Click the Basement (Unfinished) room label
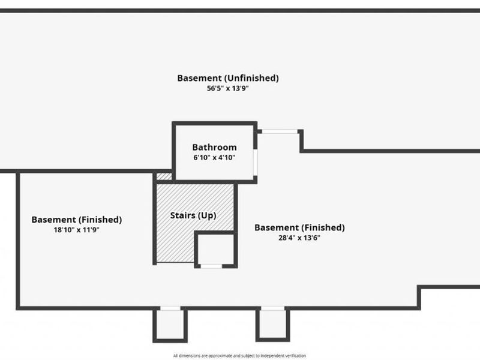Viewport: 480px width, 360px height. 228,79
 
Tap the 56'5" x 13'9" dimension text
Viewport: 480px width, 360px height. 228,88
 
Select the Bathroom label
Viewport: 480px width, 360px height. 214,147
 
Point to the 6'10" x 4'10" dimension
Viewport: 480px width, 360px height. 214,158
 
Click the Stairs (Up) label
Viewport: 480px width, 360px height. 193,215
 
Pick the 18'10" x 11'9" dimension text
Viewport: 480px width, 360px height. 77,230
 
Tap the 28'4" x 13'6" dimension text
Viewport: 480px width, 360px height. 299,238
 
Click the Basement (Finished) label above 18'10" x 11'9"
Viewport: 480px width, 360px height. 77,220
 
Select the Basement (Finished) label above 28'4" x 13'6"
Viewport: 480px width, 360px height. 299,228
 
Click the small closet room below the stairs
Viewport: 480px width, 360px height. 216,249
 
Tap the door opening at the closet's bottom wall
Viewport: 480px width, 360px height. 211,266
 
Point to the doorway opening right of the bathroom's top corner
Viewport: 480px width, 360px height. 280,131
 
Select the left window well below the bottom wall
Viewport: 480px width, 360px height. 170,325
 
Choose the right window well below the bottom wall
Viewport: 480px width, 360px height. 273,324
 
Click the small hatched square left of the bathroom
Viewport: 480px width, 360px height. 164,176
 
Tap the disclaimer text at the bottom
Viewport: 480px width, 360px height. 239,356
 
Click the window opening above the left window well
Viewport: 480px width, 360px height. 170,308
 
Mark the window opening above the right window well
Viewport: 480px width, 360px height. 273,308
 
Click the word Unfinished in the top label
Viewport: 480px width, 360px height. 251,79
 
